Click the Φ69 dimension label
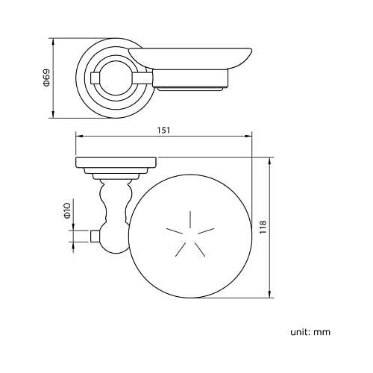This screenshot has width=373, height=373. pyautogui.click(x=46, y=78)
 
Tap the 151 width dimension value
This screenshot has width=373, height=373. pyautogui.click(x=163, y=130)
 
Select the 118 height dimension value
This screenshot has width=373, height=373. pyautogui.click(x=263, y=227)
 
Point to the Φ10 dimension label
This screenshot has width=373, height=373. pyautogui.click(x=68, y=210)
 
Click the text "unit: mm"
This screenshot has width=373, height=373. pyautogui.click(x=310, y=332)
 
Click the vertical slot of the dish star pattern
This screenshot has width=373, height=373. pyautogui.click(x=190, y=219)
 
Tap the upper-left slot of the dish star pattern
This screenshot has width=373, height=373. pyautogui.click(x=175, y=231)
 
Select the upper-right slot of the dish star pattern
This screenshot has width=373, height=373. pyautogui.click(x=206, y=231)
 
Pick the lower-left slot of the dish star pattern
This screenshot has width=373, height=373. pyautogui.click(x=181, y=249)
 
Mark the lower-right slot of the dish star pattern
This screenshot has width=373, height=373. pyautogui.click(x=200, y=249)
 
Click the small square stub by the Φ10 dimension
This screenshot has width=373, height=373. pyautogui.click(x=95, y=236)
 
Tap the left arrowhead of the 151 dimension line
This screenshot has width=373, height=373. pyautogui.click(x=79, y=136)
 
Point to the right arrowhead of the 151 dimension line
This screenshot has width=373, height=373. pyautogui.click(x=248, y=136)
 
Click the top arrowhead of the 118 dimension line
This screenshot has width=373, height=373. pyautogui.click(x=269, y=161)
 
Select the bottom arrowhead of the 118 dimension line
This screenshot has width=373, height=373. pyautogui.click(x=269, y=294)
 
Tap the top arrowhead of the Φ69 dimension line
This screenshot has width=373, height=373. pyautogui.click(x=53, y=42)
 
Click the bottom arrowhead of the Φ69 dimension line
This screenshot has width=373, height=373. pyautogui.click(x=53, y=114)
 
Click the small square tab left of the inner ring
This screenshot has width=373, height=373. pyautogui.click(x=95, y=78)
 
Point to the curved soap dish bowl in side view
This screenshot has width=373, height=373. pyautogui.click(x=190, y=58)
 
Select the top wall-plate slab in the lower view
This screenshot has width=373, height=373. pyautogui.click(x=116, y=163)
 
